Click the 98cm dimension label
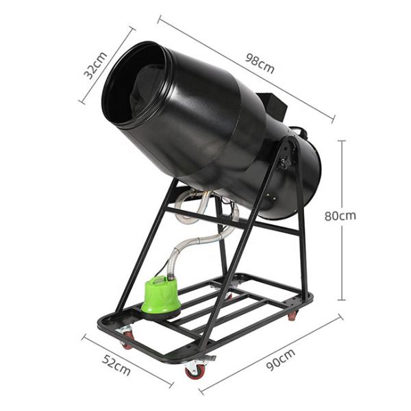click(260, 64)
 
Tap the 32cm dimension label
click(95, 66)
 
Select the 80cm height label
click(340, 216)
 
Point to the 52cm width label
click(116, 365)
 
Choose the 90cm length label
click(281, 360)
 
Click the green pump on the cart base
click(161, 297)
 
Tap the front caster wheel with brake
click(195, 368)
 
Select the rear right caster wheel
click(293, 315)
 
